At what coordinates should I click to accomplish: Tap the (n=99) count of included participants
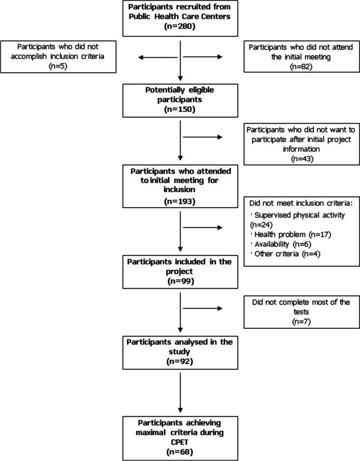click(x=180, y=280)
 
